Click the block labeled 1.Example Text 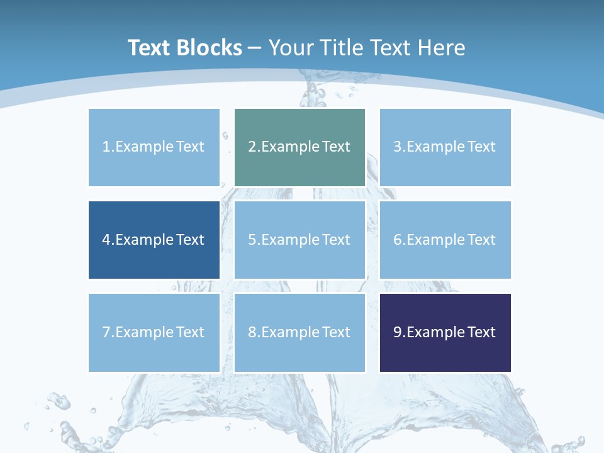click(x=154, y=147)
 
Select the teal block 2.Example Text click(x=299, y=147)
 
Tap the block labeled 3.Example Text click(x=445, y=147)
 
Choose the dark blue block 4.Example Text click(x=154, y=240)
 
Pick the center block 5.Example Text click(x=299, y=240)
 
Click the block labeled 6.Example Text click(x=445, y=240)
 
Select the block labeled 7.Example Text click(x=154, y=332)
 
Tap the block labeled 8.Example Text click(x=299, y=332)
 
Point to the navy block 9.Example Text click(x=445, y=332)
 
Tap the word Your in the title click(x=291, y=48)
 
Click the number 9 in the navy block click(x=398, y=332)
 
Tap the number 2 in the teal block click(x=252, y=147)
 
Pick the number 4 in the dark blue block click(x=106, y=240)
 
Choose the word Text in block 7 click(x=190, y=332)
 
